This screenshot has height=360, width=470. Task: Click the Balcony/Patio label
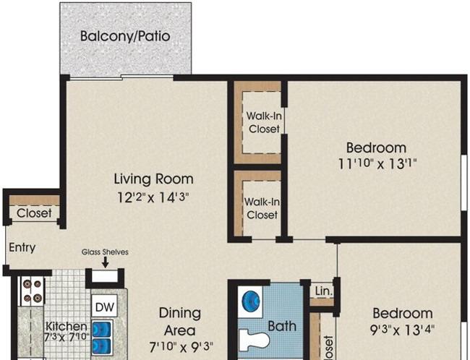(x=125, y=36)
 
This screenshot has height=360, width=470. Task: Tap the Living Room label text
(x=154, y=179)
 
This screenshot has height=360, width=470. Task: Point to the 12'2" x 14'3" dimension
(x=154, y=196)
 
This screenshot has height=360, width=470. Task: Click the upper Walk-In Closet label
(x=263, y=122)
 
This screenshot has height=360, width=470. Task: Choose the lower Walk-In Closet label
(x=261, y=208)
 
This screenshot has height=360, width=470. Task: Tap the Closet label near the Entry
(x=34, y=213)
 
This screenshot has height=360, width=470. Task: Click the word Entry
(x=22, y=247)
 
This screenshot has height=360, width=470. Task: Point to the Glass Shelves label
(x=105, y=252)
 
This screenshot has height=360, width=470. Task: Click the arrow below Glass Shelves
(x=105, y=264)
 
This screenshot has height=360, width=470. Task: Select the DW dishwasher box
(x=105, y=307)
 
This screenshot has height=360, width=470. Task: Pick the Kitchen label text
(x=67, y=327)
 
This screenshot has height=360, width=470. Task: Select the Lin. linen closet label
(x=323, y=291)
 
